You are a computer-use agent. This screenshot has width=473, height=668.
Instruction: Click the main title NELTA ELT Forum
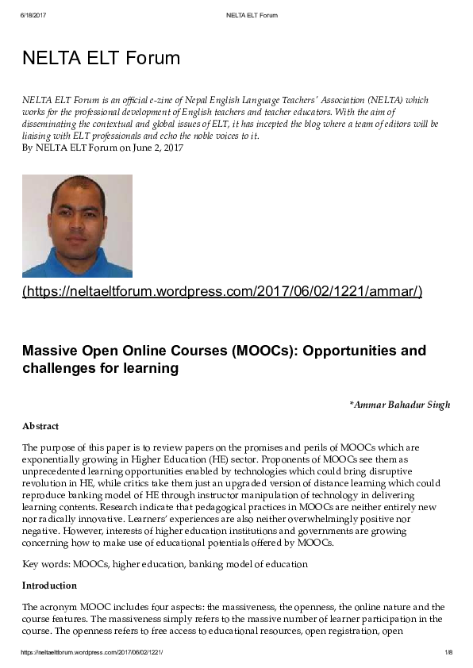[x=101, y=58]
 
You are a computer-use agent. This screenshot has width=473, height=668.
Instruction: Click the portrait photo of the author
[x=77, y=225]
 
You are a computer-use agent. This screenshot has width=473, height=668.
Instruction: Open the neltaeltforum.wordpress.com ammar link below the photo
[x=222, y=292]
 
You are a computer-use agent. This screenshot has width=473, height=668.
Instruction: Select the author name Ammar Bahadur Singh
[x=402, y=405]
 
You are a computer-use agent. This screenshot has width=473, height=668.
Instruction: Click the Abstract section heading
[x=40, y=426]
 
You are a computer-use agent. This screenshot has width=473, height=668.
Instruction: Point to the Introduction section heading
[x=49, y=585]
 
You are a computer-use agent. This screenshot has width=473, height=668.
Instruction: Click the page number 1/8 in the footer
[x=448, y=652]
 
